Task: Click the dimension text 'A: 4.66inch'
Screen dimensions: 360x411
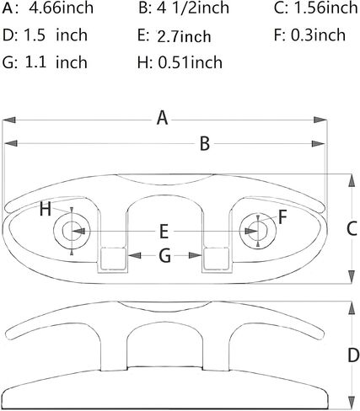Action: click(48, 8)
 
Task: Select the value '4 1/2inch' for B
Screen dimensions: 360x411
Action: click(193, 8)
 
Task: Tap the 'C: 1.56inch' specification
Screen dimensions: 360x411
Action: click(316, 8)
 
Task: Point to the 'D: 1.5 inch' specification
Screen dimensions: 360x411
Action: click(45, 35)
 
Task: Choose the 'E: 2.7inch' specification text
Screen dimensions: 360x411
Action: click(175, 36)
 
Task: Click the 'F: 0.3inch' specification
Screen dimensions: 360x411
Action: click(309, 35)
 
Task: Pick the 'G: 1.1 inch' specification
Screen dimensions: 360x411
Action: click(45, 62)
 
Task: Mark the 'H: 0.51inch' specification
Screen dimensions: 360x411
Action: click(180, 62)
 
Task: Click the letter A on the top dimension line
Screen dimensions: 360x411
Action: click(163, 118)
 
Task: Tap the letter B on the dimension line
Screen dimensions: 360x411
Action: click(205, 143)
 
